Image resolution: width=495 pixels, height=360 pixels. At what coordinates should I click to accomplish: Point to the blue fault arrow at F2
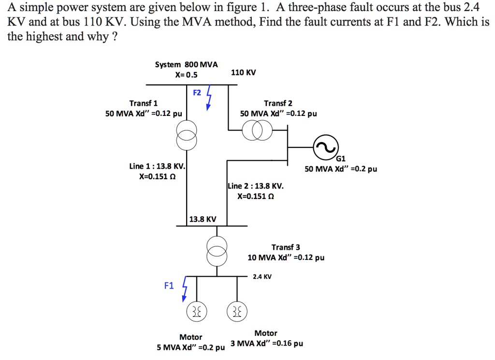209,98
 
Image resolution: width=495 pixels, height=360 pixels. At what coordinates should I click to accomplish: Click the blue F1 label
168,286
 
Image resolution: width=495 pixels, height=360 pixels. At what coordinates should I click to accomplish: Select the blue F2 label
197,92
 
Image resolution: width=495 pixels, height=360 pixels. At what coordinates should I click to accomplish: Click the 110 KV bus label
243,72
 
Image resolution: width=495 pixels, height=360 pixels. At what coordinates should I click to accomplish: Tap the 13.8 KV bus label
203,219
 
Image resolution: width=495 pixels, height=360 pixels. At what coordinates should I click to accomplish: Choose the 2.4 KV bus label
262,277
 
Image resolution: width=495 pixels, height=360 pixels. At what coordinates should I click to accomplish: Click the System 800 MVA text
186,64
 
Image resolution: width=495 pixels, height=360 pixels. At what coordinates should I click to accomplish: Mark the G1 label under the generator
341,158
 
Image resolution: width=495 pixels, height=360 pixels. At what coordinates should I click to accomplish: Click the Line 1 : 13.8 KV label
157,166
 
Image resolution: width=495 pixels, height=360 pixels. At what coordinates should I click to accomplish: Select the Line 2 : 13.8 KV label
256,186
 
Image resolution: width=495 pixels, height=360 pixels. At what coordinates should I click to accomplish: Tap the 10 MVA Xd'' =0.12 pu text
286,258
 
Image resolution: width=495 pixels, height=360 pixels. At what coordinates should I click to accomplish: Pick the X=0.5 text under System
186,74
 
